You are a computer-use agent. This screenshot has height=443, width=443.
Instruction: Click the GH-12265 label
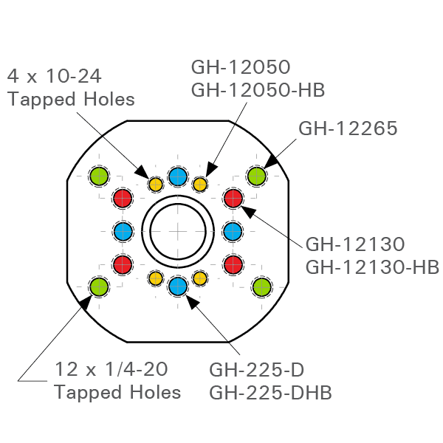[348, 128]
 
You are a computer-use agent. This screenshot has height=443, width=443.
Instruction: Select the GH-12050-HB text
[258, 89]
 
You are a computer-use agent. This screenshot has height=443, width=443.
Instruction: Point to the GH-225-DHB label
[270, 392]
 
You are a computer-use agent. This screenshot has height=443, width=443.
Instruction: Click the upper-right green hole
[256, 176]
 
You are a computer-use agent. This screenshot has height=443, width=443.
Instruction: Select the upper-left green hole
[99, 176]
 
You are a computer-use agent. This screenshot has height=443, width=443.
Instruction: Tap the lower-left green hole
[99, 286]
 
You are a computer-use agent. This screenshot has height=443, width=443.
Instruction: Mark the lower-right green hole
[261, 286]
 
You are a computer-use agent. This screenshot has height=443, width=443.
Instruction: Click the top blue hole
[177, 176]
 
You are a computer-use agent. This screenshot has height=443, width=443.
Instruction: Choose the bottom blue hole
[177, 286]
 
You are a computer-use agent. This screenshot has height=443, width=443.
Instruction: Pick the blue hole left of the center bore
[123, 231]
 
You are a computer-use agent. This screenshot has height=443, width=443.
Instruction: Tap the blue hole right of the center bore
[233, 231]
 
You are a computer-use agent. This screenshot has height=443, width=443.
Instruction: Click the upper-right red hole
[233, 198]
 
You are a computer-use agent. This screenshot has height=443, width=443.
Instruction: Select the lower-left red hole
[123, 264]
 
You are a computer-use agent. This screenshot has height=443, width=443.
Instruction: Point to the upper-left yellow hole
[156, 184]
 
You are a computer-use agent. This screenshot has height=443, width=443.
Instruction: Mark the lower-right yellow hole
[199, 278]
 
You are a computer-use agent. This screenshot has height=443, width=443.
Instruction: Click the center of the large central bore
[177, 231]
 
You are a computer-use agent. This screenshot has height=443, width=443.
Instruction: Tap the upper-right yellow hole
[199, 184]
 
